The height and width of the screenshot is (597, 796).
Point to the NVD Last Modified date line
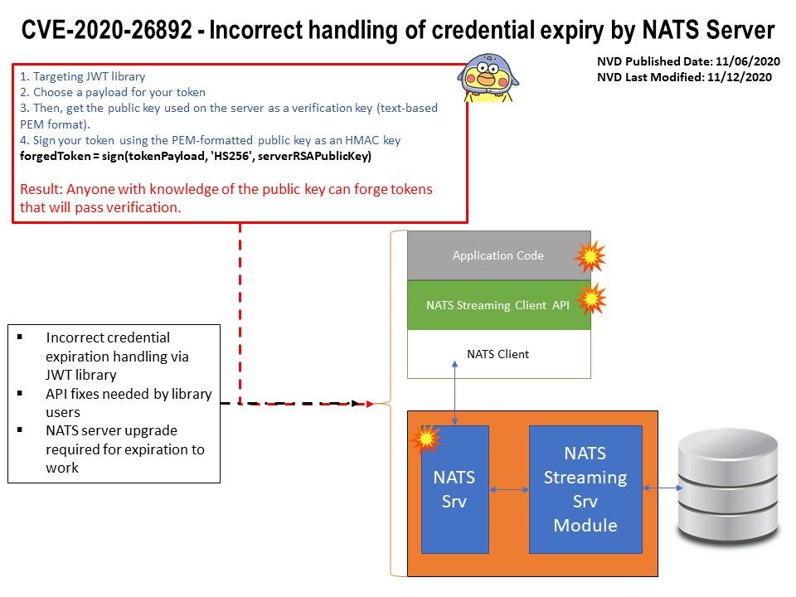coord(684,77)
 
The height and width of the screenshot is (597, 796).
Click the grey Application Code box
coord(498,255)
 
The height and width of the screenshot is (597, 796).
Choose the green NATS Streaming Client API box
coord(498,305)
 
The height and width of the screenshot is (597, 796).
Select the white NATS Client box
coord(498,354)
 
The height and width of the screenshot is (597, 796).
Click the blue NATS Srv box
coord(454,489)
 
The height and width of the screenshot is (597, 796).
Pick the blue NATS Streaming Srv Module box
coord(585,489)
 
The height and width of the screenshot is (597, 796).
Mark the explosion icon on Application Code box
coord(590,257)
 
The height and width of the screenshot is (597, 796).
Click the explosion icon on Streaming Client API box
coord(591,299)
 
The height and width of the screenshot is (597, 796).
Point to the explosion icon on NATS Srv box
coord(426,439)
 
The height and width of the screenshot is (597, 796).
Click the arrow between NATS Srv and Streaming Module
coord(509,490)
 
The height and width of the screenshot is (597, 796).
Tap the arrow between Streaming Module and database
coord(660,489)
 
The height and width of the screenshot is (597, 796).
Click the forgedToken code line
coord(195,156)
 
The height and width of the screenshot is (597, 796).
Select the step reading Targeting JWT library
coord(82,76)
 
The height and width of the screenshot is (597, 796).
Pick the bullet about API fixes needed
coord(129,402)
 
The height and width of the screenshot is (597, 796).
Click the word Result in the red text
coord(39,190)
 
